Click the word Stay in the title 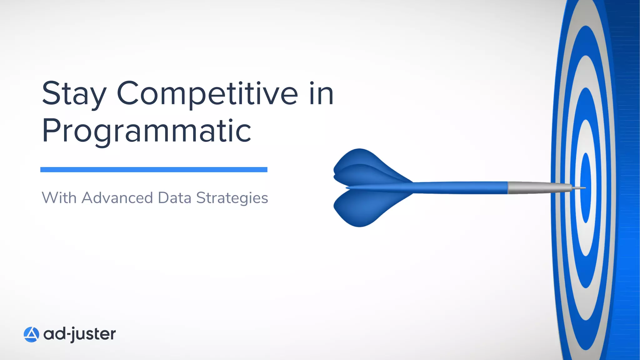[x=74, y=94]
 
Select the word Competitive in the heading [x=207, y=94]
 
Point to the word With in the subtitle [x=59, y=198]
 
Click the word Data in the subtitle [x=174, y=198]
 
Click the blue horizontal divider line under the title [x=154, y=170]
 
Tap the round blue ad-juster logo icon [x=31, y=334]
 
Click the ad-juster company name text [x=80, y=334]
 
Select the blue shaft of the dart [x=459, y=187]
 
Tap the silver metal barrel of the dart [x=531, y=187]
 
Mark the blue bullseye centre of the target [x=586, y=175]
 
